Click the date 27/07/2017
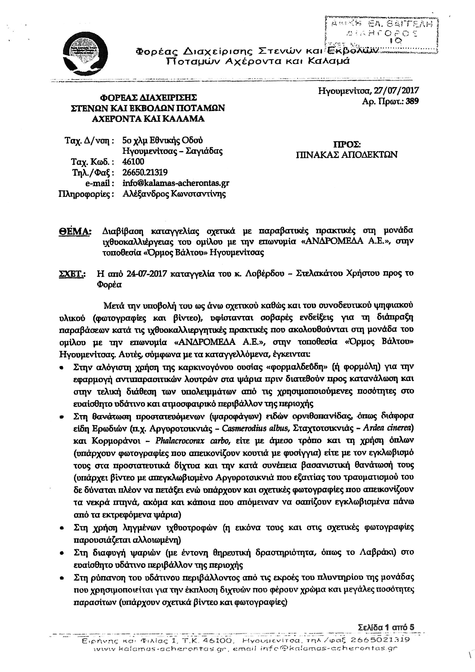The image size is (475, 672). click(396, 91)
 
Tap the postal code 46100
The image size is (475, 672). click(133, 162)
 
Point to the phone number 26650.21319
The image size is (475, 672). click(145, 172)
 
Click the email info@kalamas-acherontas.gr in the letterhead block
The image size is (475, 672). click(176, 183)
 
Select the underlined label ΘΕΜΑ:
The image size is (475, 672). click(75, 231)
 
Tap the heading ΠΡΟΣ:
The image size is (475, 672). click(347, 144)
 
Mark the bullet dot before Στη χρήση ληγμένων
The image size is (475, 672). click(62, 528)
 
